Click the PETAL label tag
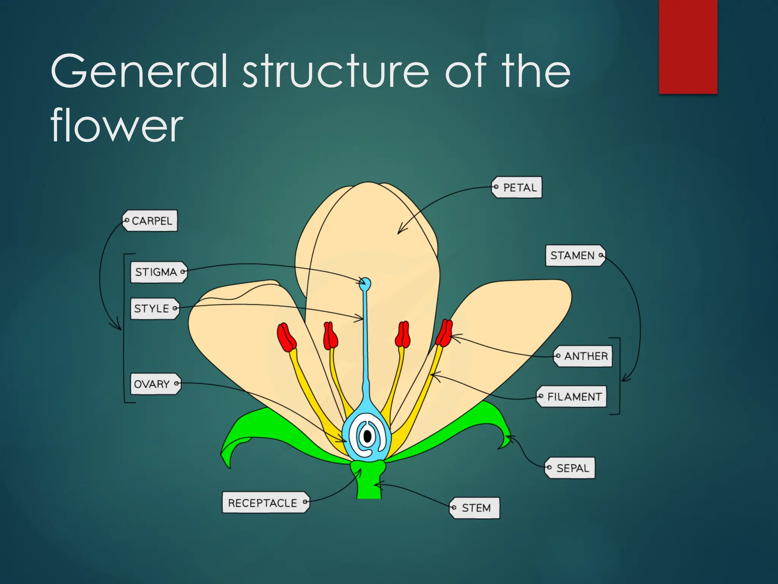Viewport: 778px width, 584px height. point(517,187)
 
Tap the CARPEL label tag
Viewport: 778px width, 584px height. point(150,221)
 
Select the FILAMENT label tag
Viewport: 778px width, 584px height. point(572,397)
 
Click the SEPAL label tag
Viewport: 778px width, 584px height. point(570,468)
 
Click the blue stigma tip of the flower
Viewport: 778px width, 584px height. point(365,283)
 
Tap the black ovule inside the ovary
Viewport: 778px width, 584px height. point(367,436)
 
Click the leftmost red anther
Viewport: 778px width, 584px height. point(286,338)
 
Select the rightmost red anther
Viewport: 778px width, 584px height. point(444,333)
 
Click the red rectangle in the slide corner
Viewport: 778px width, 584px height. point(688,46)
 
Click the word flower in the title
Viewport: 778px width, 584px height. point(117,125)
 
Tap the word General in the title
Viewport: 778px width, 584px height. point(139,71)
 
